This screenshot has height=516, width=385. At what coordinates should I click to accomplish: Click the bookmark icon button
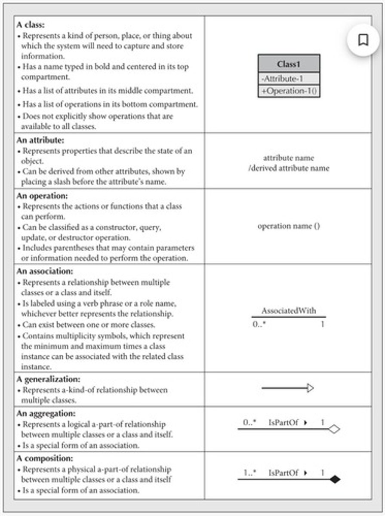pos(363,40)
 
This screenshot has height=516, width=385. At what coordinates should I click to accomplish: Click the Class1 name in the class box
pos(289,64)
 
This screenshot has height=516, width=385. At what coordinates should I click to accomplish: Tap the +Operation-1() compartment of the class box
pos(289,91)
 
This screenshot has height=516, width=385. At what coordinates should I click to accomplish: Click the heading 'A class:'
pos(30,25)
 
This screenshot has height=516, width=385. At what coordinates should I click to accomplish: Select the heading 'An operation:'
pos(39,196)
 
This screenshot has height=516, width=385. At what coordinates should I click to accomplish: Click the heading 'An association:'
pos(44,271)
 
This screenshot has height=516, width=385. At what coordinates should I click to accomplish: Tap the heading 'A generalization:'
pos(48,380)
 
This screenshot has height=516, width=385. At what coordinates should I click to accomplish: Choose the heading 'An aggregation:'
pos(46,413)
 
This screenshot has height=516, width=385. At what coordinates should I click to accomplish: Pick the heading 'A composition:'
pos(44,458)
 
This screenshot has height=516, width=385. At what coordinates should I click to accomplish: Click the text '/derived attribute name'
pos(289,168)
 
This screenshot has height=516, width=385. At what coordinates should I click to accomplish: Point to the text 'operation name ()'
pos(289,226)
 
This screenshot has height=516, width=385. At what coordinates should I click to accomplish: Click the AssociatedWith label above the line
pos(289,310)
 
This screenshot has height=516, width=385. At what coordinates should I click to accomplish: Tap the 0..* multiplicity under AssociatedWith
pos(259,324)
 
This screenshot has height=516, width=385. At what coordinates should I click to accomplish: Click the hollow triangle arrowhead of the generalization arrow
pos(310,388)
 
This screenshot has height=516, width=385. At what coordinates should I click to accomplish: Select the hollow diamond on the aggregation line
pos(334,429)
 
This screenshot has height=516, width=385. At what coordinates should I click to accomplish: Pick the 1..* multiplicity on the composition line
pos(250,473)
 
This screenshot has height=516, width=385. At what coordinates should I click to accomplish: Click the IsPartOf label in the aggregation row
pos(283,423)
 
